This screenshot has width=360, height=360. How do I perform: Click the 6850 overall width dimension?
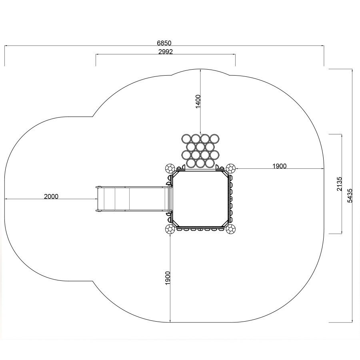tap(164, 43)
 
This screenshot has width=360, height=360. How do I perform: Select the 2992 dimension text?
tap(166, 52)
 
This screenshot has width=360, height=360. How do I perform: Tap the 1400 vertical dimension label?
tap(198, 101)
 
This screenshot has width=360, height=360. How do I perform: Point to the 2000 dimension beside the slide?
tap(51, 196)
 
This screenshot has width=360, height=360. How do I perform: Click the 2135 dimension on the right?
tap(339, 184)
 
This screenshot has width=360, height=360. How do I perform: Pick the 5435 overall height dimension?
tap(350, 196)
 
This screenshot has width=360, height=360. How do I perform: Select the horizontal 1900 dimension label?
tap(280, 166)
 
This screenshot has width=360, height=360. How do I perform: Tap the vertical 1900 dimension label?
tap(168, 278)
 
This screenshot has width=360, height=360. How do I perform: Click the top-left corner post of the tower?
tap(170, 168)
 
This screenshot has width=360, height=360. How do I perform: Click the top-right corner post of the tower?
tap(230, 168)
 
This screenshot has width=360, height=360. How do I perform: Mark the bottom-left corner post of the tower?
tap(170, 229)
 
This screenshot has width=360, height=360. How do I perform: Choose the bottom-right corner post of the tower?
tap(230, 229)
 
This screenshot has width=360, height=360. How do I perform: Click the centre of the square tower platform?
tap(200, 199)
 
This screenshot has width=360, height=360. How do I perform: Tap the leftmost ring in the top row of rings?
tap(186, 139)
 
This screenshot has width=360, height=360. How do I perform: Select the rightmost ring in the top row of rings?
tap(214, 139)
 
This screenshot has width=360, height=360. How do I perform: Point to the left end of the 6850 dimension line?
tap(5, 46)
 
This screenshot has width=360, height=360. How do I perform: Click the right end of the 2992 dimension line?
tap(235, 54)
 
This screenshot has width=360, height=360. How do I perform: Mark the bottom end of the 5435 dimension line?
tap(352, 322)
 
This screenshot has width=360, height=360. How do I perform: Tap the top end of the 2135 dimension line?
tap(342, 134)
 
